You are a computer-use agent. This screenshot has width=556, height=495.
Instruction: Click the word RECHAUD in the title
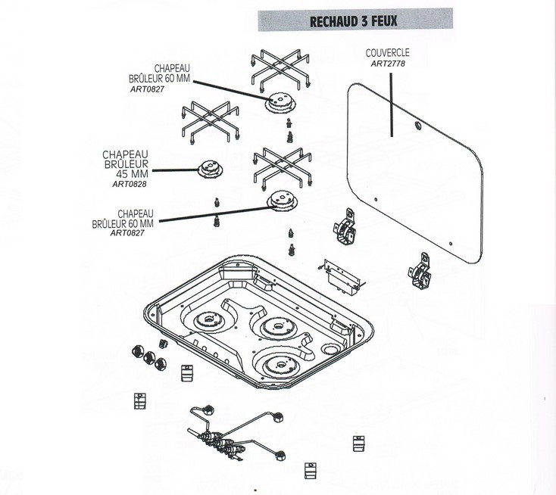coord(333,22)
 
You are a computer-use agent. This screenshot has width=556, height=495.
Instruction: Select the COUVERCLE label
coord(388,53)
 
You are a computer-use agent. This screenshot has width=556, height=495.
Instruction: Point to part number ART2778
coord(388,64)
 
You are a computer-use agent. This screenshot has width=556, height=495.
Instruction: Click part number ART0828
coord(130,184)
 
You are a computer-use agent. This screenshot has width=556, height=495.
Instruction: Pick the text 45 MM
coord(133,174)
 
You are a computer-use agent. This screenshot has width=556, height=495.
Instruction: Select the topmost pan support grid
coord(280,68)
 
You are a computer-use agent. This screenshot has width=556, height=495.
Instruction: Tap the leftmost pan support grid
coord(211,122)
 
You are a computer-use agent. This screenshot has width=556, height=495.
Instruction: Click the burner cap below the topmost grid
coord(280,102)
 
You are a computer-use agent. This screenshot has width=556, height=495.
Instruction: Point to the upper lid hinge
coord(345,227)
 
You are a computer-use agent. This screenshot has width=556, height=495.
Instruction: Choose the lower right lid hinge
coord(420,271)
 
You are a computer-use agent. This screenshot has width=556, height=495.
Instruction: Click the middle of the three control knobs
coord(149,357)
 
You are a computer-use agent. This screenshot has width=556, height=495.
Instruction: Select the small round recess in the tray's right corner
coord(330,350)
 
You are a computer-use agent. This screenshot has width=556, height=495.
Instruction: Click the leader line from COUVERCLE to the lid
coord(392,105)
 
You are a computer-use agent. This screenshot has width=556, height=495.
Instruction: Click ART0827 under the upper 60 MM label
coord(147,89)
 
